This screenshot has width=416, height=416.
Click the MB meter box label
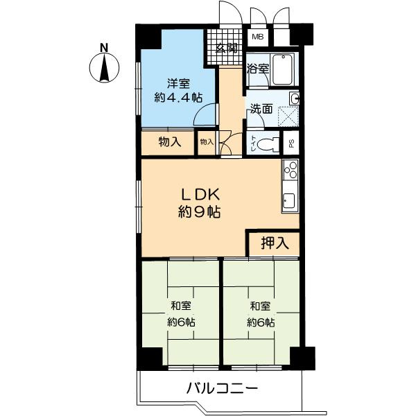[258, 37]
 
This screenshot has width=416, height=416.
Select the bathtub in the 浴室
[283, 69]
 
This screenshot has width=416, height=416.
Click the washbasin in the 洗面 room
[295, 98]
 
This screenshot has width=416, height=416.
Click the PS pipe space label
[291, 144]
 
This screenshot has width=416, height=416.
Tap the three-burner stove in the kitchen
[291, 170]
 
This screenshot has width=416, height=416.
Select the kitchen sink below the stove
[289, 200]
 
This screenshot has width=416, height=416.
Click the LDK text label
[200, 195]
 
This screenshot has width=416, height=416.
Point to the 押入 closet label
[275, 243]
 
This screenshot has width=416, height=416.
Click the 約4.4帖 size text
[178, 98]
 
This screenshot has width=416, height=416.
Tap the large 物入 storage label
[170, 142]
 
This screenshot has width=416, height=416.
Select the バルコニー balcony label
[222, 389]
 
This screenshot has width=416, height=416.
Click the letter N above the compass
[104, 48]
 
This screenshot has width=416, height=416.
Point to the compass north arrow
[104, 67]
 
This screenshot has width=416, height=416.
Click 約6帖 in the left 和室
[181, 322]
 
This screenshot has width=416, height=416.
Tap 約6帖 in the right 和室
[261, 322]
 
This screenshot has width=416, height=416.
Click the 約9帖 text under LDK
[199, 212]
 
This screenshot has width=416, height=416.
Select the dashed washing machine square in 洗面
[288, 116]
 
